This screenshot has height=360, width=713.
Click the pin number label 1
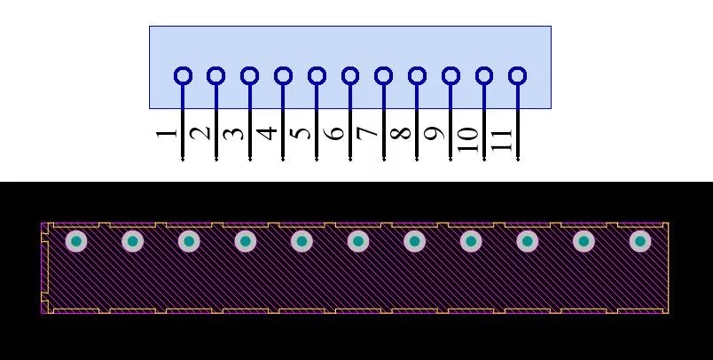(x=166, y=134)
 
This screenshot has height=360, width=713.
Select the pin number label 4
(x=267, y=133)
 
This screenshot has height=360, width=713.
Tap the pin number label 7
(x=367, y=132)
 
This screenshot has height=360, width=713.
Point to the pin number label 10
(x=468, y=139)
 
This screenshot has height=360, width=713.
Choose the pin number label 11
(x=502, y=140)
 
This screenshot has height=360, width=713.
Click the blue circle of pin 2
(x=216, y=75)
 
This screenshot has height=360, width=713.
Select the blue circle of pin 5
(x=317, y=75)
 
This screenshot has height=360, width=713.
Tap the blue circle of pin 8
(x=417, y=75)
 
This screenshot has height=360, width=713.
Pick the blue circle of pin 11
(x=518, y=75)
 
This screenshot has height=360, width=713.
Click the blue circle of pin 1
(x=183, y=75)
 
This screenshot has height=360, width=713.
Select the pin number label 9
(x=435, y=133)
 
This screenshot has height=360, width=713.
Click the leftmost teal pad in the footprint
(x=76, y=241)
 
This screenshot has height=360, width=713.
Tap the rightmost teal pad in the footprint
(x=640, y=241)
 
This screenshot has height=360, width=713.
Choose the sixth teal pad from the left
(x=358, y=241)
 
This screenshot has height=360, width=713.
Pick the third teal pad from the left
(x=189, y=241)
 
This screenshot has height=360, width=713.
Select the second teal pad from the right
(x=584, y=241)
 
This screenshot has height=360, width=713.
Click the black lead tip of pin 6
(x=350, y=160)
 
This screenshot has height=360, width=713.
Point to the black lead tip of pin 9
(x=451, y=160)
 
